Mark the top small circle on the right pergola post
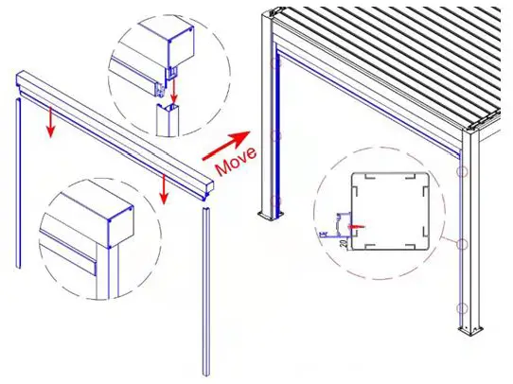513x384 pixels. (x=464, y=173)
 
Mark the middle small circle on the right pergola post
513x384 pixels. (x=464, y=244)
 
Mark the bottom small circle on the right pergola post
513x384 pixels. (x=464, y=308)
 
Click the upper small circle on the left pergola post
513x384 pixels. (x=276, y=135)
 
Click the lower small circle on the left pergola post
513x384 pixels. (x=276, y=200)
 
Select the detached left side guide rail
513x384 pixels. (x=18, y=180)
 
